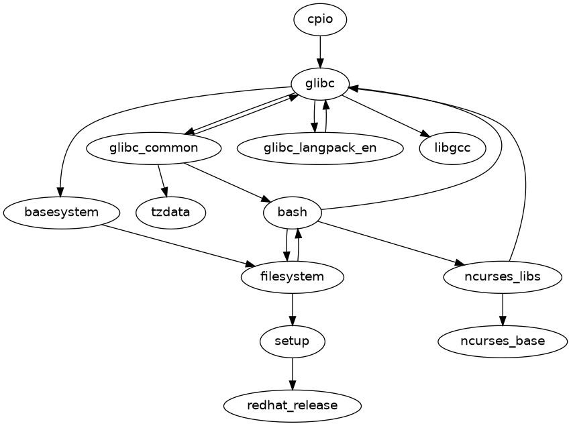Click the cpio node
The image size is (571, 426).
320,19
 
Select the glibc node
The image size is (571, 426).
320,84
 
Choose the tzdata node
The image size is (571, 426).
170,213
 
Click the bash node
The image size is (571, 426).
293,213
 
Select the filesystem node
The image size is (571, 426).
293,277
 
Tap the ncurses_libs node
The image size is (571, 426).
503,277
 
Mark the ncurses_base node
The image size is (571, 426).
503,341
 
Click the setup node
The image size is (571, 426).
293,341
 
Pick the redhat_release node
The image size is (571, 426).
293,406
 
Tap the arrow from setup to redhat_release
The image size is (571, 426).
293,374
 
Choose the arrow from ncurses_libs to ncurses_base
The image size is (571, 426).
503,309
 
